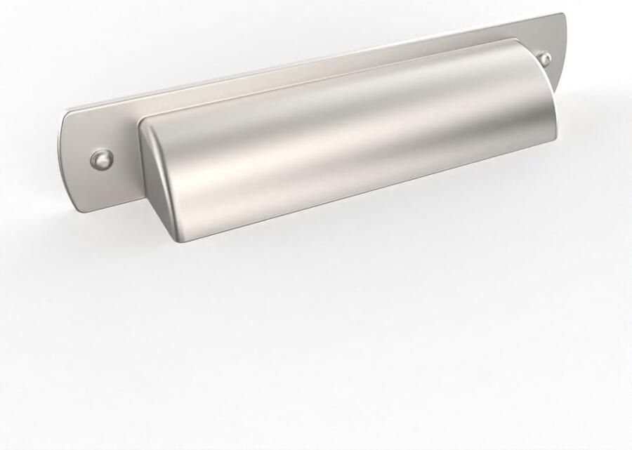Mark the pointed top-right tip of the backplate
[x=563, y=15]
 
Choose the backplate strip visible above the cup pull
[x=316, y=70]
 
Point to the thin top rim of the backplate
[x=316, y=62]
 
